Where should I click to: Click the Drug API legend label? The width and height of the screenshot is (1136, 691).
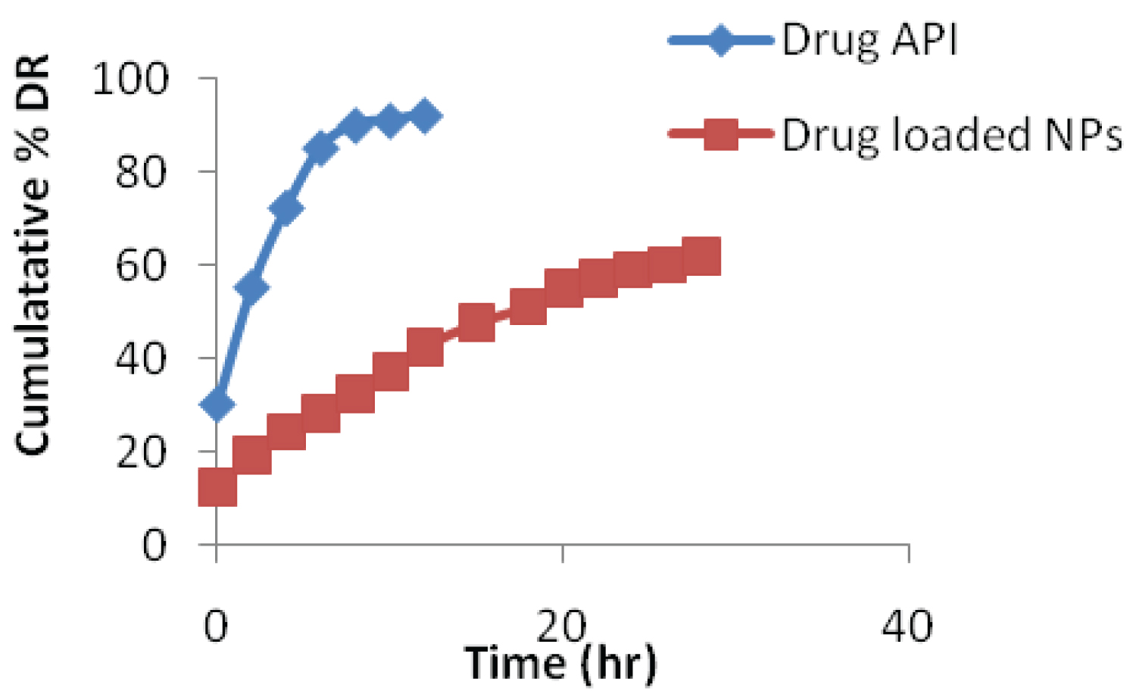[x=869, y=41]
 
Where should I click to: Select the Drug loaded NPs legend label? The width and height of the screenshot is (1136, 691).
[x=951, y=136]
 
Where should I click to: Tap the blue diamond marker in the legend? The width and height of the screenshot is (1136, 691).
[x=721, y=39]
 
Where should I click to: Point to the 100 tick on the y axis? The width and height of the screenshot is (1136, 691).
[x=130, y=79]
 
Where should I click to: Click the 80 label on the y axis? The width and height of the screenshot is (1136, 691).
[x=141, y=172]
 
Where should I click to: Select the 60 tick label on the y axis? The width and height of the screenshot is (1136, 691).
[x=141, y=266]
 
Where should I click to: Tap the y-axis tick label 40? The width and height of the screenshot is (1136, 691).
[x=141, y=358]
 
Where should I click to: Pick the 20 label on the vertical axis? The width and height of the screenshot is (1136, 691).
[x=141, y=452]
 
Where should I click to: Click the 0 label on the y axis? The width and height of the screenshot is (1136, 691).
[x=154, y=546]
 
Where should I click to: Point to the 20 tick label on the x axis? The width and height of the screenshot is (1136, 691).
[x=561, y=626]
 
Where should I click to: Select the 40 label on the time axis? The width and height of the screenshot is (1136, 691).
[x=907, y=627]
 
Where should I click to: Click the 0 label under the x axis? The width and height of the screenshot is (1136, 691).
[x=216, y=627]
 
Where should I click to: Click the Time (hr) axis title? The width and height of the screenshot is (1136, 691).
[x=560, y=663]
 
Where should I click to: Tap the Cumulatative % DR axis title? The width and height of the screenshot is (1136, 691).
[x=33, y=255]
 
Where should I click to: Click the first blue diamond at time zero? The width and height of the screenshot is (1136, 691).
[x=217, y=404]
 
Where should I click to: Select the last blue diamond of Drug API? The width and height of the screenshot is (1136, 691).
[x=424, y=117]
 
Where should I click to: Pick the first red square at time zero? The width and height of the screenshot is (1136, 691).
[x=217, y=486]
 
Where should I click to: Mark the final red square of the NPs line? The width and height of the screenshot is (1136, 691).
[x=701, y=256]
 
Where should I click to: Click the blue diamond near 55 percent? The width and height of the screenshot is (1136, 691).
[x=251, y=287]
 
